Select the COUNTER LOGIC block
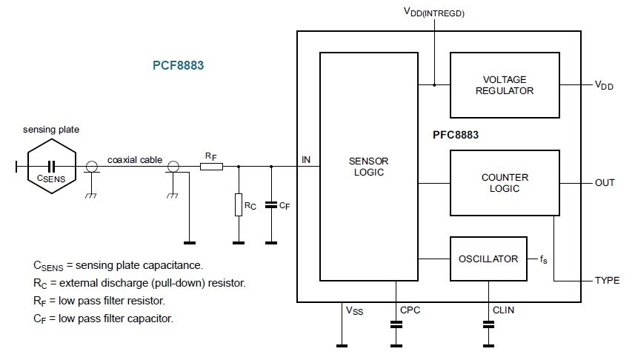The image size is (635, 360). click(505, 183)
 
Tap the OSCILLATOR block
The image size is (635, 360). click(488, 259)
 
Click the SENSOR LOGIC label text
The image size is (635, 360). click(368, 167)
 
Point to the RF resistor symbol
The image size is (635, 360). click(211, 167)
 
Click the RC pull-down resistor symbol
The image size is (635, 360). click(239, 204)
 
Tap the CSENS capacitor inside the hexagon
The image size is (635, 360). click(51, 166)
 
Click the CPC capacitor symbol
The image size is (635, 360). click(396, 324)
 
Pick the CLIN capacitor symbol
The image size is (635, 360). click(488, 324)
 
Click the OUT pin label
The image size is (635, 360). click(605, 183)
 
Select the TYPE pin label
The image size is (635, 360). click(607, 281)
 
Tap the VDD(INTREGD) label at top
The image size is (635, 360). click(433, 13)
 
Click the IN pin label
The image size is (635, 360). click(306, 159)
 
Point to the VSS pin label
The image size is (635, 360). click(354, 310)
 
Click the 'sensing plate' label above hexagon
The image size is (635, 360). click(51, 130)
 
